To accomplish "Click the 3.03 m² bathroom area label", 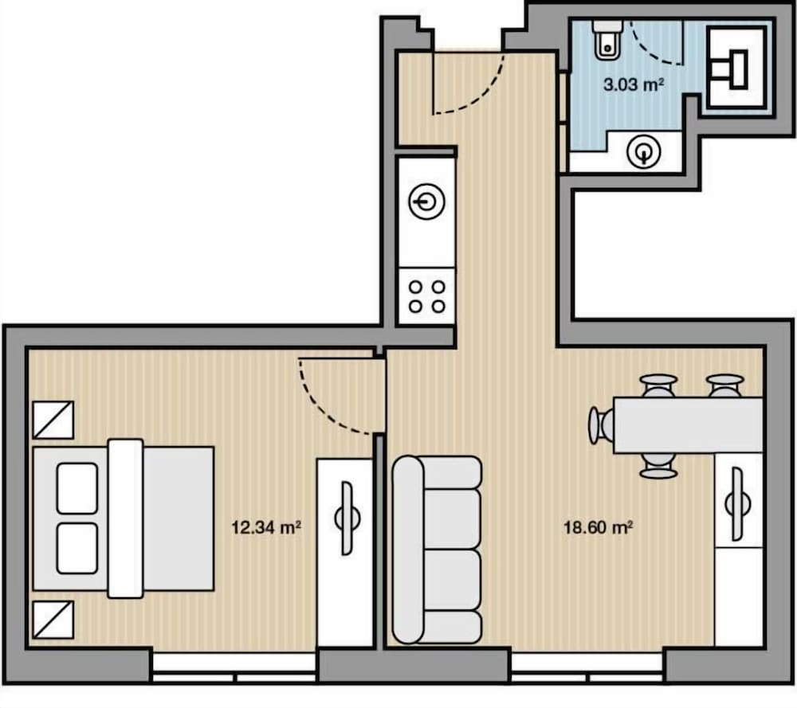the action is point(634,84).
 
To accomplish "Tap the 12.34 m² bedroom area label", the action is point(266,527).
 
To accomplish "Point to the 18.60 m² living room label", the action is point(598,527).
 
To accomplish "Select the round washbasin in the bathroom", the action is point(643,151).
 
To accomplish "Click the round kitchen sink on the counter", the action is point(427,202).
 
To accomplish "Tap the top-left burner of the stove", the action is point(416,288).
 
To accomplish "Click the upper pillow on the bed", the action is point(77,488).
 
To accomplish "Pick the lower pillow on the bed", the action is point(77,549).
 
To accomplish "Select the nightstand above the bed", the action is point(53,420).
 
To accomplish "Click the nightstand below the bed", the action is point(53,620).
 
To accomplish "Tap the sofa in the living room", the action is point(437,550).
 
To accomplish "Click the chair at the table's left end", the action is point(601,425).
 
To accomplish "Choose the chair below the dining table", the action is point(658,466).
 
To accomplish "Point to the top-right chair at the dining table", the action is point(724,385).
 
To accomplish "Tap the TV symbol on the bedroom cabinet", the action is point(347,518).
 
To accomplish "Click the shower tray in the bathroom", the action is point(736,68).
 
